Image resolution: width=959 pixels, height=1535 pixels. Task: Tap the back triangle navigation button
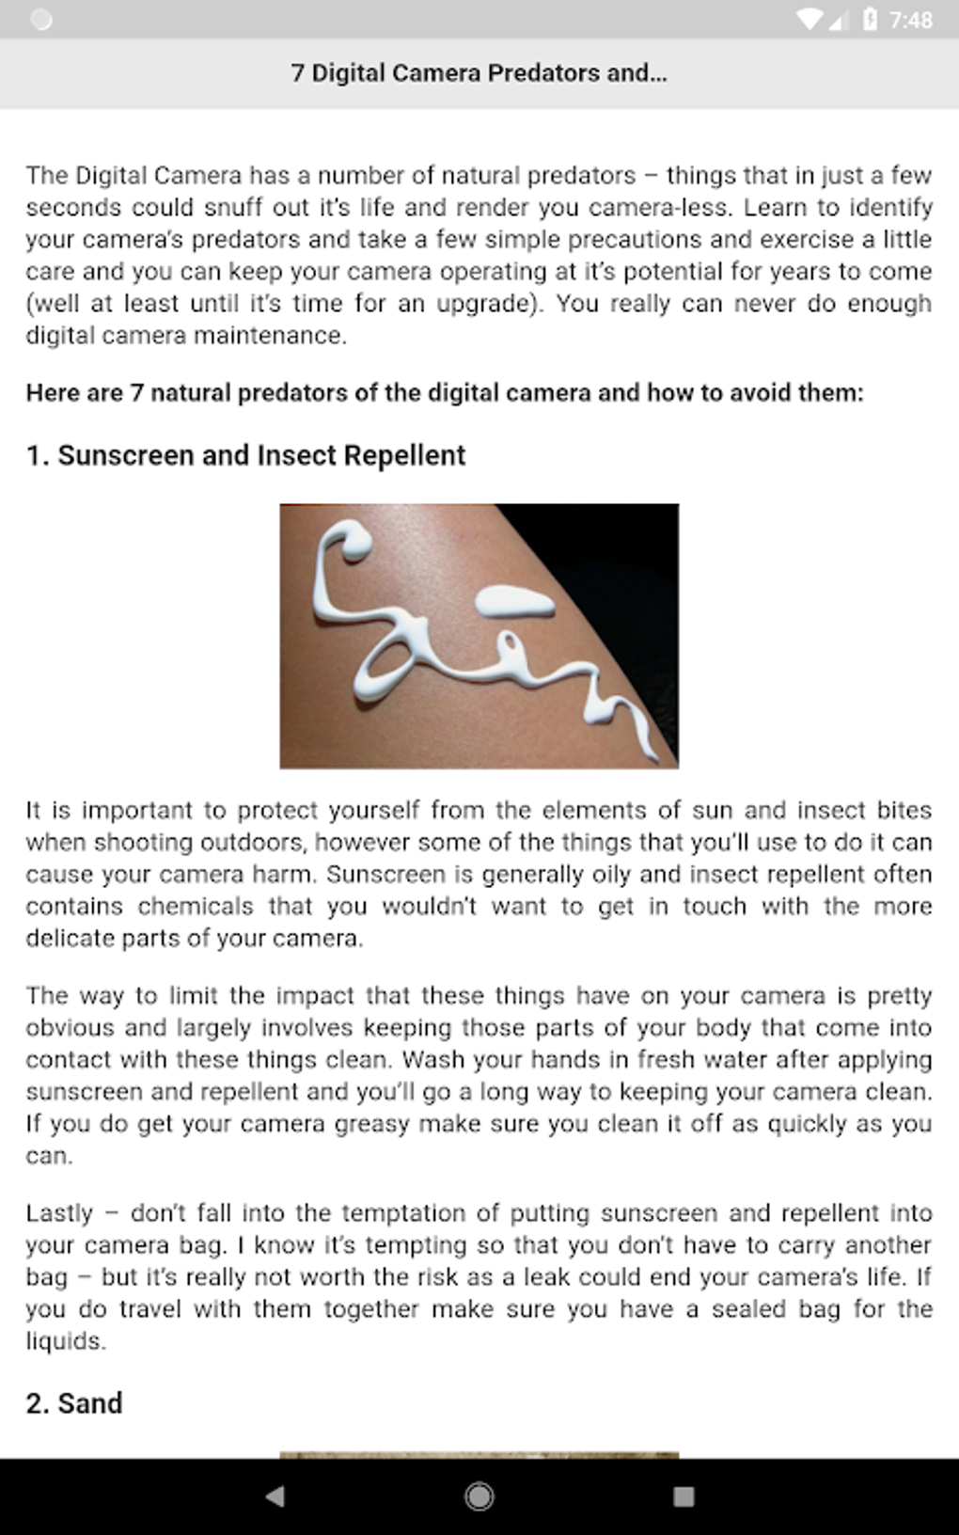click(275, 1495)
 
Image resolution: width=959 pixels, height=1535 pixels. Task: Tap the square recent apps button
click(684, 1495)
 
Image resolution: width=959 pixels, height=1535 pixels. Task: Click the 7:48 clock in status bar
click(910, 20)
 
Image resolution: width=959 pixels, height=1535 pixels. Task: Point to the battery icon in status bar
click(870, 20)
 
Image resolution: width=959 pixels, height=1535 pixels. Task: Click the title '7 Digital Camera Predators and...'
click(479, 73)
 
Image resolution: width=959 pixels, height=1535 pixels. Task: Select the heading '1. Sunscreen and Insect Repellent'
click(245, 455)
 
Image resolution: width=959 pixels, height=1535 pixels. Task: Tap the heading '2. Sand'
click(74, 1403)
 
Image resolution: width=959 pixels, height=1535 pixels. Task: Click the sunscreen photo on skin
click(479, 636)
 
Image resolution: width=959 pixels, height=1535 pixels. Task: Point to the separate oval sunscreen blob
click(516, 602)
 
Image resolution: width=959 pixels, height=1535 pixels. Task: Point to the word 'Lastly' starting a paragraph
click(59, 1213)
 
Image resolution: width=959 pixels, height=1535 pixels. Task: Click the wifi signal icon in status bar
click(808, 20)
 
